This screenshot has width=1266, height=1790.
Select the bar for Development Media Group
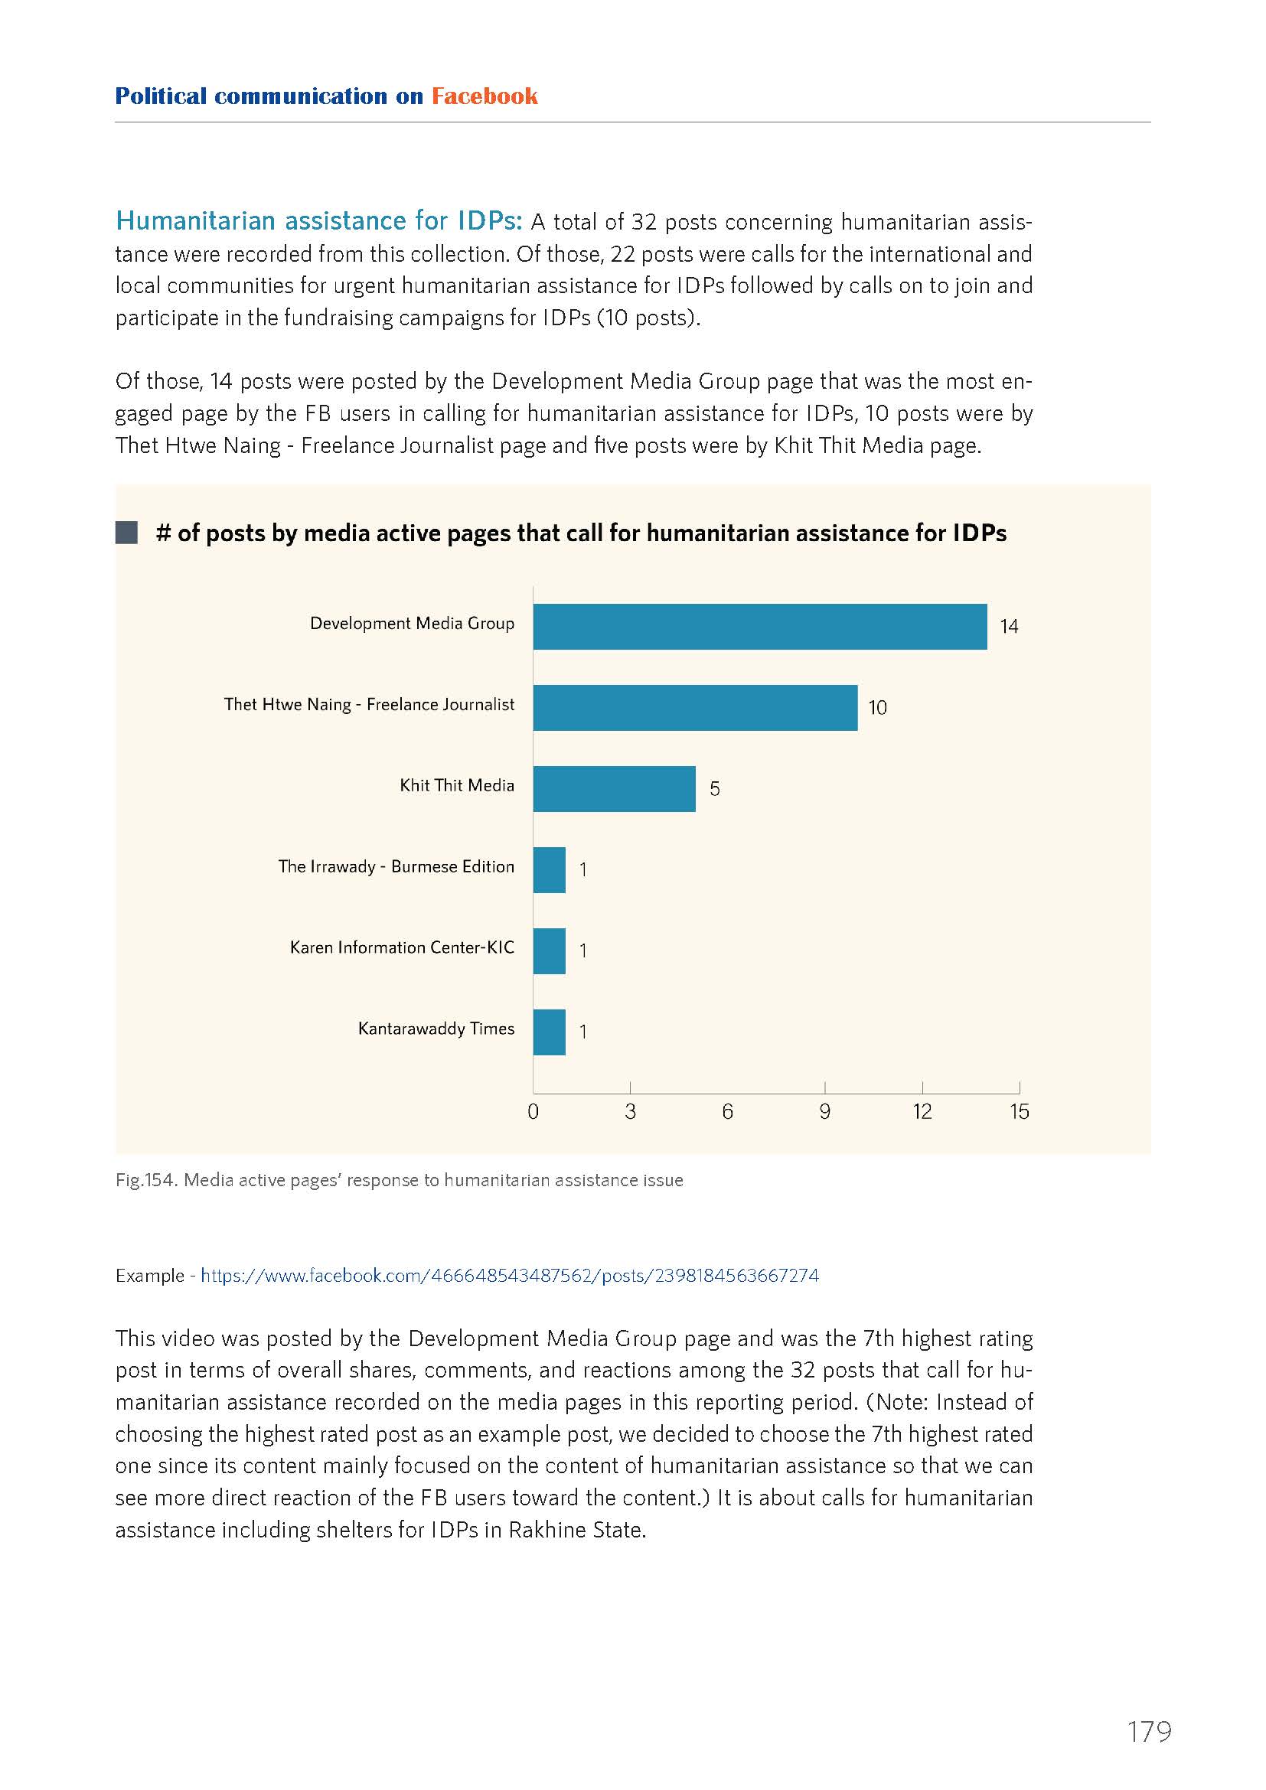[760, 626]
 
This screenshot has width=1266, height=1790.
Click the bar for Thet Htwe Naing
[695, 707]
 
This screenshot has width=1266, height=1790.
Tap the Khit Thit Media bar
[615, 788]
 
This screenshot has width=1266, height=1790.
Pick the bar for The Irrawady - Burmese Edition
[550, 869]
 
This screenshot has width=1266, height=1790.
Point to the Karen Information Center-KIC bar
[550, 950]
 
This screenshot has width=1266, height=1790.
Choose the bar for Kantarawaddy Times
[550, 1032]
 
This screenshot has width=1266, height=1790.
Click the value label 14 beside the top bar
[1009, 626]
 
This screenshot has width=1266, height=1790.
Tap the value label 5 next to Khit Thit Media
[714, 788]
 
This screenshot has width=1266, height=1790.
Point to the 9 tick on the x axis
[825, 1112]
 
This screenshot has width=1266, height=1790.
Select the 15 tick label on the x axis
[1019, 1112]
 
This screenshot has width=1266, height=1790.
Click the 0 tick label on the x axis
[533, 1112]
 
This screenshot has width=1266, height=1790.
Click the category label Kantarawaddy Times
[436, 1029]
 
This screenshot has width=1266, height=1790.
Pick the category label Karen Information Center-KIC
[403, 947]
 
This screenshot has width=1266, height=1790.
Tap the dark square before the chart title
[126, 533]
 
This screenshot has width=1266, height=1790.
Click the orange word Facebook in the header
[484, 96]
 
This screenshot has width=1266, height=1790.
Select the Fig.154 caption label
[146, 1180]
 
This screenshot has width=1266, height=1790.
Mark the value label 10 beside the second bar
[878, 707]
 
